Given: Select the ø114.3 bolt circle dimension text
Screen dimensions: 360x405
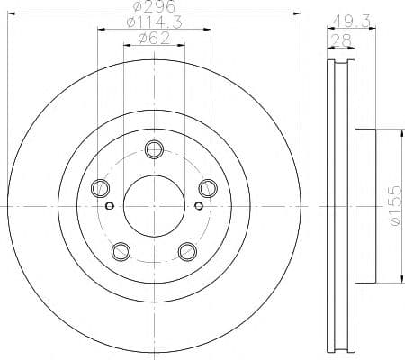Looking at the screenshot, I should (x=153, y=22).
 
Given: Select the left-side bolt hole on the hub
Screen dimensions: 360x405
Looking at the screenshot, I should (x=100, y=188).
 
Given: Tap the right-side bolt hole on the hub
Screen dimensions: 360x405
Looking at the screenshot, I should (x=207, y=188).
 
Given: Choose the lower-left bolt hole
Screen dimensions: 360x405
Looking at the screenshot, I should (x=120, y=250).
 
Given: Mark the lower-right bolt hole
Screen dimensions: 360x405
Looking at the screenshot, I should (x=186, y=250).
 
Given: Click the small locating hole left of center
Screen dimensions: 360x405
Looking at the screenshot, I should (x=110, y=205).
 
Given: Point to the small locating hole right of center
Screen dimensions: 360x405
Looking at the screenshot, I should (x=197, y=205).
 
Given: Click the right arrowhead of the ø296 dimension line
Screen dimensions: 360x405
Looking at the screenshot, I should (x=295, y=13).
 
